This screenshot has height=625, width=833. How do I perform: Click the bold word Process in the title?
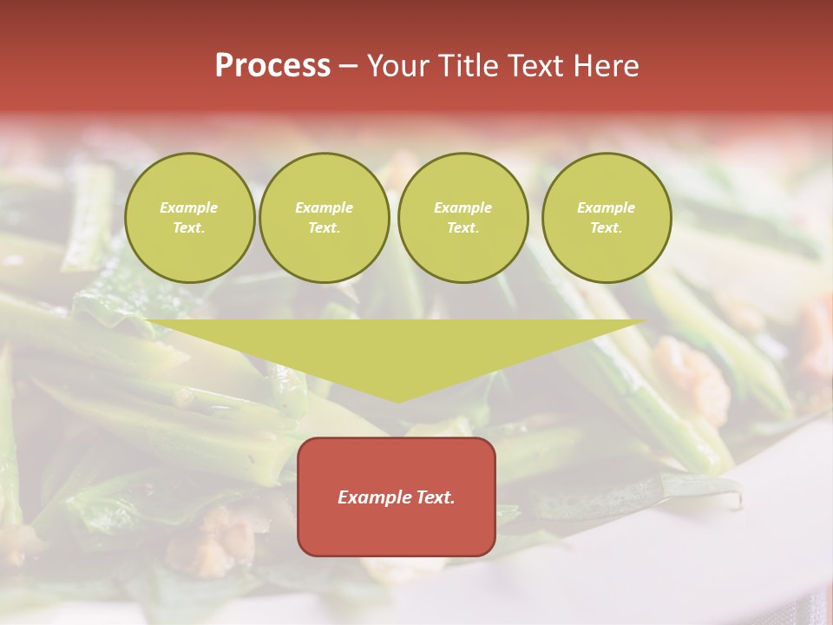tap(272, 66)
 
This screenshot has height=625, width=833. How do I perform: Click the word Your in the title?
tap(398, 66)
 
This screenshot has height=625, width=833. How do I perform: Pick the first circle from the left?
tap(189, 218)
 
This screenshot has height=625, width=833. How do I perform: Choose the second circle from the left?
tap(325, 218)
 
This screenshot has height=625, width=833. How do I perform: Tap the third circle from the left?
tap(462, 218)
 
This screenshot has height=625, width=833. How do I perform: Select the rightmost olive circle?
tap(607, 218)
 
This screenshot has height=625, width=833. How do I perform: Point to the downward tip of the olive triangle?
tap(397, 400)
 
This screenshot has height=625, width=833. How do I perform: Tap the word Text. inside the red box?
tap(434, 497)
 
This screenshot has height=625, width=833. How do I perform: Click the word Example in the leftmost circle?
tap(189, 207)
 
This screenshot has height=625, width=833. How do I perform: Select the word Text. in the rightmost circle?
tap(607, 228)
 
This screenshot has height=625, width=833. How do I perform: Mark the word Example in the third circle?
tap(462, 207)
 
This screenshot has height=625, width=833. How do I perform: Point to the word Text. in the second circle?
tap(325, 228)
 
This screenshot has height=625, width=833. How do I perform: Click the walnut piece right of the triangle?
tap(691, 378)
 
